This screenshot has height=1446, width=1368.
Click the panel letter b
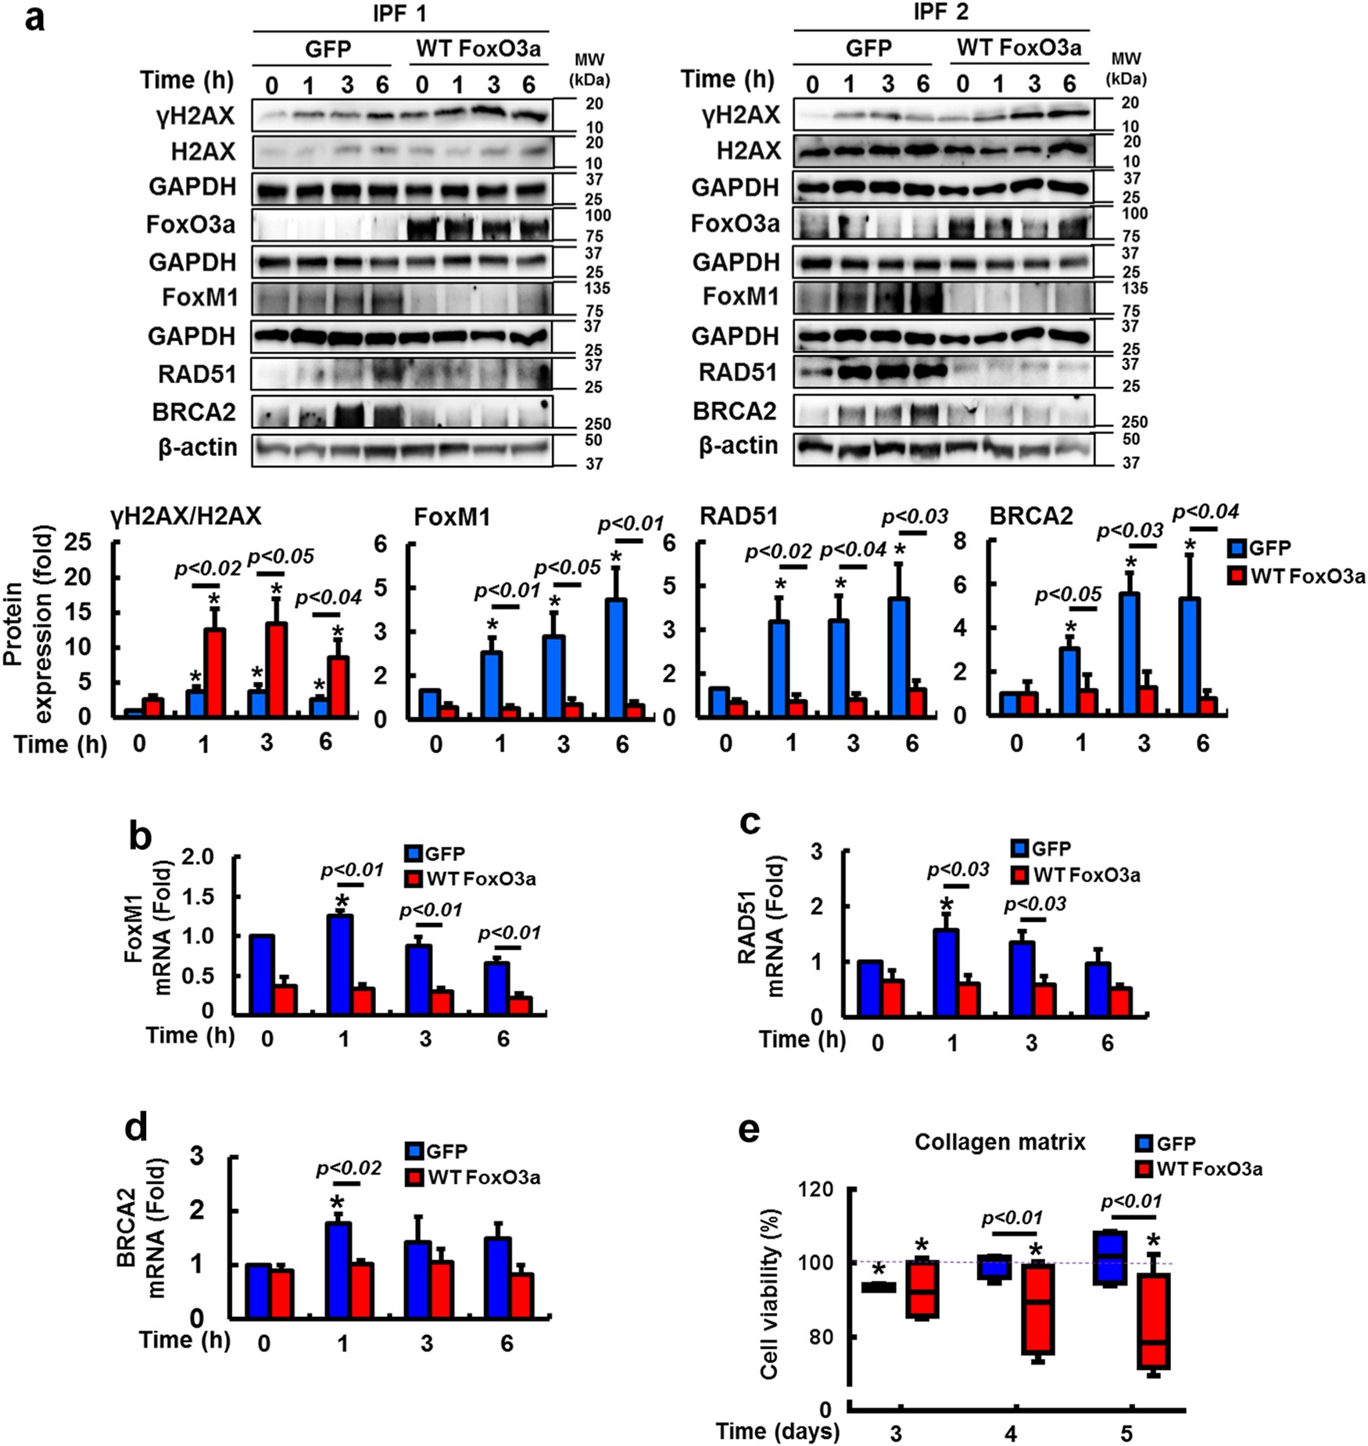tap(140, 838)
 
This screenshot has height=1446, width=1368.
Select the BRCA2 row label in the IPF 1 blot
tap(194, 412)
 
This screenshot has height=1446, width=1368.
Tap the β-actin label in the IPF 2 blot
tap(739, 446)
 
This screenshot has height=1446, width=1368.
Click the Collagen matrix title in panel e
tap(1000, 1143)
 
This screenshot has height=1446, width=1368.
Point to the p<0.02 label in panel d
tap(349, 1168)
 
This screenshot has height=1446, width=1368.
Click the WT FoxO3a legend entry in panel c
tap(1076, 874)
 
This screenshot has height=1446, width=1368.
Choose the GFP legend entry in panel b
tap(436, 853)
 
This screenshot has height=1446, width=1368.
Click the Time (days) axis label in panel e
tap(778, 1432)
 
